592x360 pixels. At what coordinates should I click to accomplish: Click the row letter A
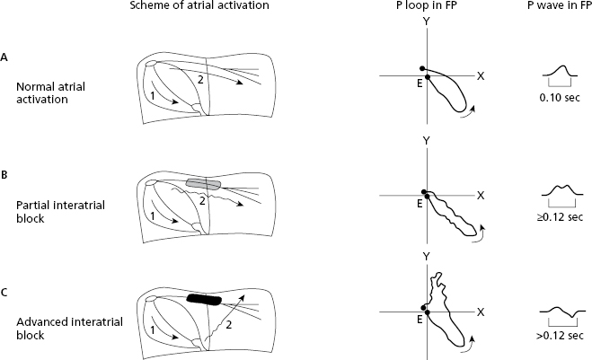6,57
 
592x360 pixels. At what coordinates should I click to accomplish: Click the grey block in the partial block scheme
204,183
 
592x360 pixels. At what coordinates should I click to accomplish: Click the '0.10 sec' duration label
562,96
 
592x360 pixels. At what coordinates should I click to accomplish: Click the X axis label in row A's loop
482,77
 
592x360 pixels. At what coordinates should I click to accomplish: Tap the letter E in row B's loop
418,204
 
